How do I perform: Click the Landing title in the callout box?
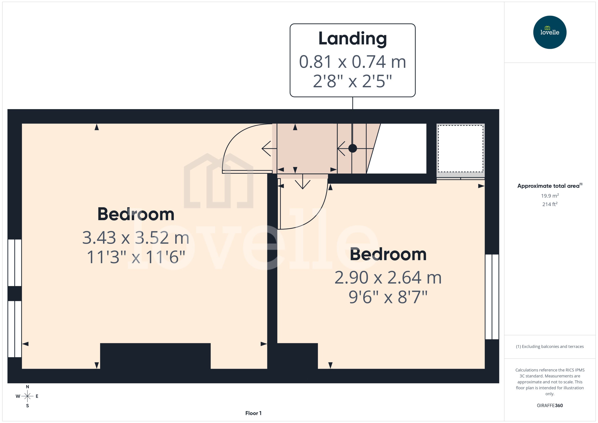tap(352, 39)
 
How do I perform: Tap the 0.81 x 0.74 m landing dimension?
tap(352, 62)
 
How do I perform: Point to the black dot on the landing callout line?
tap(352, 148)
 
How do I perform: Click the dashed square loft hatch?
tap(460, 148)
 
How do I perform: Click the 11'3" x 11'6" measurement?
tap(135, 257)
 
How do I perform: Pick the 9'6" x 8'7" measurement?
tap(388, 297)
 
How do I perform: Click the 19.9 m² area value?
tap(550, 196)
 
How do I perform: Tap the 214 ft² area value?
tap(550, 204)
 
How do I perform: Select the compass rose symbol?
tap(27, 396)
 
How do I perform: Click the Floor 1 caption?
tap(253, 413)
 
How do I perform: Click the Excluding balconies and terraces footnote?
tap(550, 346)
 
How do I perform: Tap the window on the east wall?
tap(492, 297)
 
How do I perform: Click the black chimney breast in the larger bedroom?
tap(155, 356)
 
